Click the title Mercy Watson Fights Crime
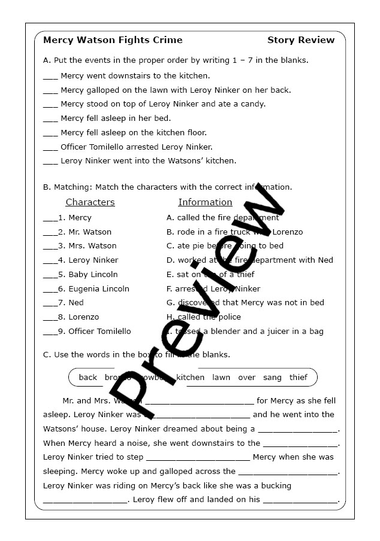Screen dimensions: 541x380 tap(113, 40)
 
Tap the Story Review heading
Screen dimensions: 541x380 tap(301, 40)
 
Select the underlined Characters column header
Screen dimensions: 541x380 tap(90, 202)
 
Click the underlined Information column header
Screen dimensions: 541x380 tap(205, 202)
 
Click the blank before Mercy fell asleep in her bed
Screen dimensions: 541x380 tap(50, 119)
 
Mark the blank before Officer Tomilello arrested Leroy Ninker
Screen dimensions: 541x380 tap(50, 147)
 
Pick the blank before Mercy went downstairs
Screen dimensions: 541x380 tap(50, 77)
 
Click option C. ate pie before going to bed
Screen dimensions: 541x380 tap(225, 246)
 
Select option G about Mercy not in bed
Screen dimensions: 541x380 tap(245, 303)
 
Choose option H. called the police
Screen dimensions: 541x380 tap(204, 317)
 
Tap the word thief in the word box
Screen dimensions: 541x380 tap(298, 378)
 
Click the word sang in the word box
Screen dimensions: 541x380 tap(272, 378)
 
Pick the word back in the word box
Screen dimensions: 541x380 tap(88, 378)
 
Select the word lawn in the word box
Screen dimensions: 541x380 tap(221, 378)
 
